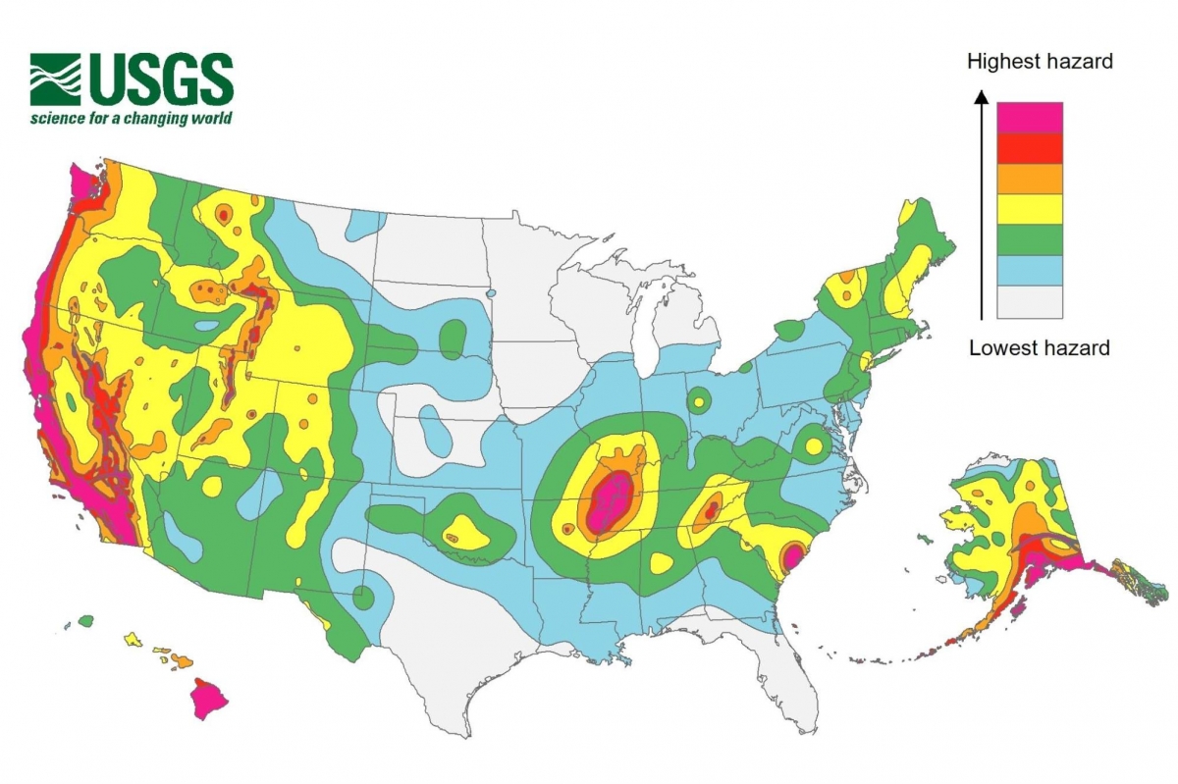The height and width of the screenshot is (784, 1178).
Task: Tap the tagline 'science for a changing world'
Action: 131,118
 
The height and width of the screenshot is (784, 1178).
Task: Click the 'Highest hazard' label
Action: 1040,62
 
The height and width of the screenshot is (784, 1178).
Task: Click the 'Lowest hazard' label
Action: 1039,347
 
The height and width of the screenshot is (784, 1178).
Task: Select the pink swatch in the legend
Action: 1030,118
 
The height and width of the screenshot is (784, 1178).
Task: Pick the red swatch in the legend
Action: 1030,148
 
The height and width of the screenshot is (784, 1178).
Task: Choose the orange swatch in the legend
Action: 1030,179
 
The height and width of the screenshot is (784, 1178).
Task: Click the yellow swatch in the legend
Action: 1030,209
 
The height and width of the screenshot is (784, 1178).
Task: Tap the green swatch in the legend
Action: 1030,239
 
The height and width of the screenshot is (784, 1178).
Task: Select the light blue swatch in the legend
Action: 1030,270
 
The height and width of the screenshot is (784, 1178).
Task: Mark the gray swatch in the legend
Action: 1030,301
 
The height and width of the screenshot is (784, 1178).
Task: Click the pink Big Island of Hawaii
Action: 208,699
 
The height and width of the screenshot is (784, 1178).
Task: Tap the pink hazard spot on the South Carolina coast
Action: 793,560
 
